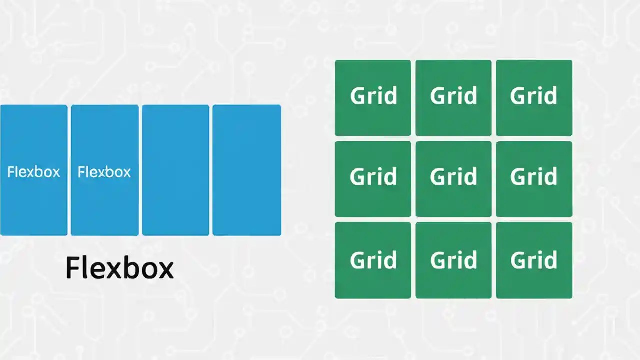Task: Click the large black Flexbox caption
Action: click(x=119, y=268)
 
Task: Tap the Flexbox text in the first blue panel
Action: click(x=33, y=172)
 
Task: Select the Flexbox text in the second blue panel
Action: click(x=104, y=172)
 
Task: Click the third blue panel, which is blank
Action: click(x=175, y=170)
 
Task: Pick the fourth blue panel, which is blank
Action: click(x=246, y=170)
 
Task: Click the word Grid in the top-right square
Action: click(x=533, y=96)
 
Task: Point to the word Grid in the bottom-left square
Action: click(x=373, y=260)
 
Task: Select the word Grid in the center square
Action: click(x=453, y=177)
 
